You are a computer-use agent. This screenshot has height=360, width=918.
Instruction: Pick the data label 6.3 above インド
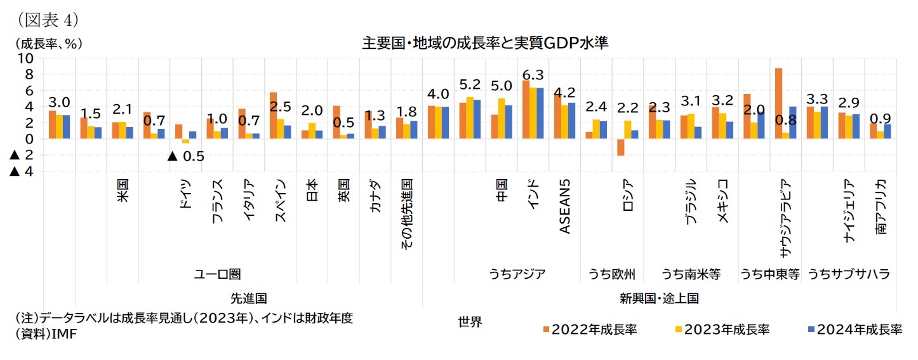(x=533, y=74)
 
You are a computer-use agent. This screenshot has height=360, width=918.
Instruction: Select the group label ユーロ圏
(x=217, y=274)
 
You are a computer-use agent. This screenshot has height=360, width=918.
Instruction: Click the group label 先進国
(x=248, y=297)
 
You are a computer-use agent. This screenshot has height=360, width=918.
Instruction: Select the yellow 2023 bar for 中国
(x=502, y=119)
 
